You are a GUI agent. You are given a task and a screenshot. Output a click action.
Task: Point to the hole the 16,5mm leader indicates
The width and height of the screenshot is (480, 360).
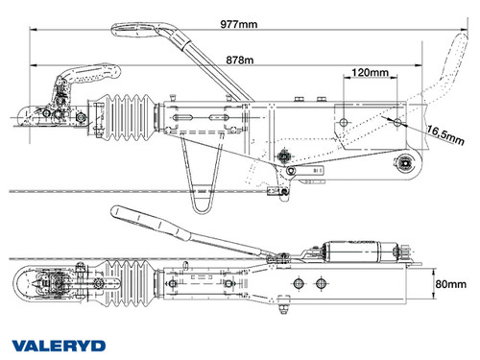click(x=394, y=121)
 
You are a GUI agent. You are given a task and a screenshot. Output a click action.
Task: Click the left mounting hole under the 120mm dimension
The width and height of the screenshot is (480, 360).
click(x=342, y=122)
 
